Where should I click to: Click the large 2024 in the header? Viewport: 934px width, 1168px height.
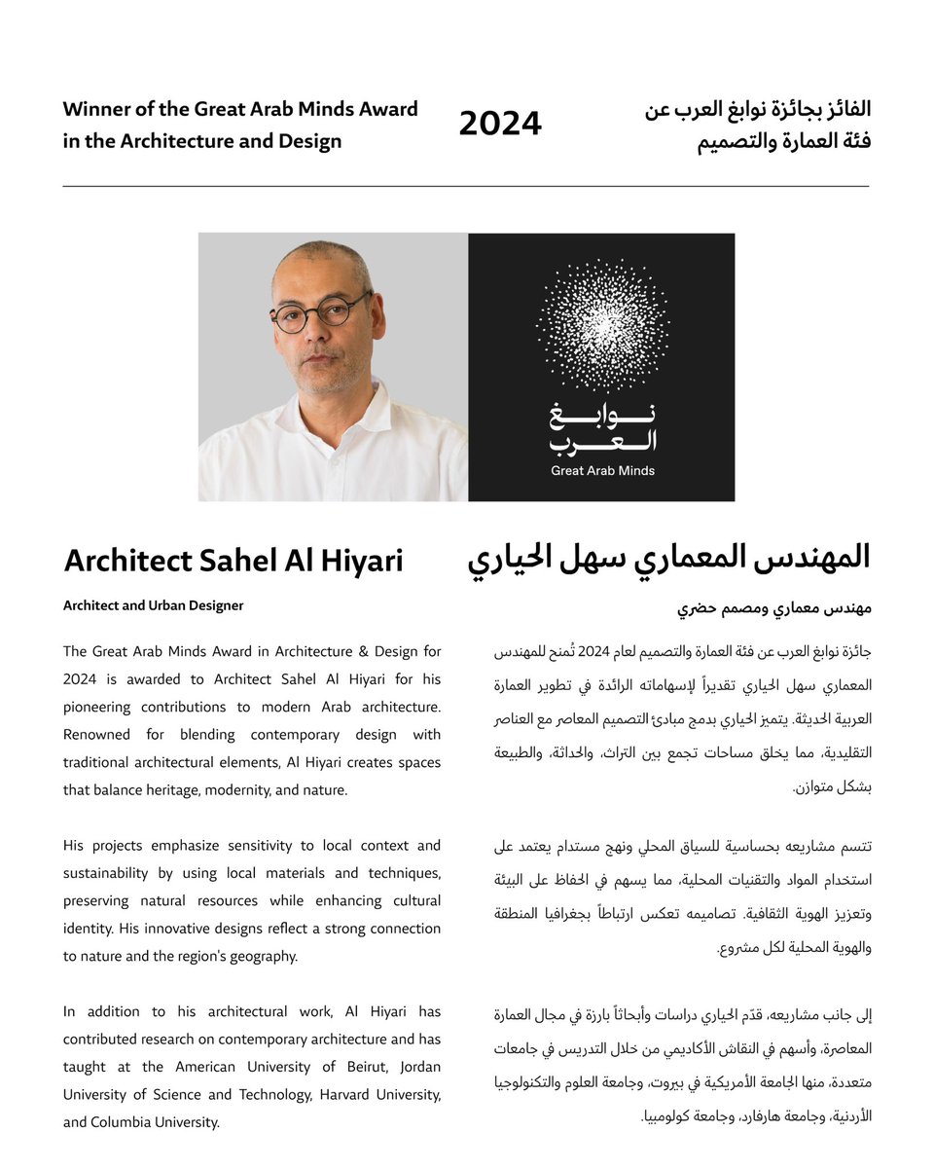tap(500, 125)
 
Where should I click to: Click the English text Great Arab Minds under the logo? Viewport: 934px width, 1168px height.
tap(602, 471)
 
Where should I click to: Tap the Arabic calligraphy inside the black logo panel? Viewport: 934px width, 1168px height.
tap(602, 428)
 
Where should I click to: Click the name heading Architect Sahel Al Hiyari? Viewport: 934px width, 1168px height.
tap(233, 561)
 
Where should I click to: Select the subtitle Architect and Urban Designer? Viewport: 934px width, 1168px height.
tap(153, 605)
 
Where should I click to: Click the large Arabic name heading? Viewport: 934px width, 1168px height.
tap(669, 558)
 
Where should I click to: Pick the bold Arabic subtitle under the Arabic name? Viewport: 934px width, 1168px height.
tap(773, 608)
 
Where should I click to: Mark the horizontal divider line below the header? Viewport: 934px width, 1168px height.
tap(466, 186)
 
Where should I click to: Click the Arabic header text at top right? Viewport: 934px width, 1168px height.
tap(758, 125)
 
